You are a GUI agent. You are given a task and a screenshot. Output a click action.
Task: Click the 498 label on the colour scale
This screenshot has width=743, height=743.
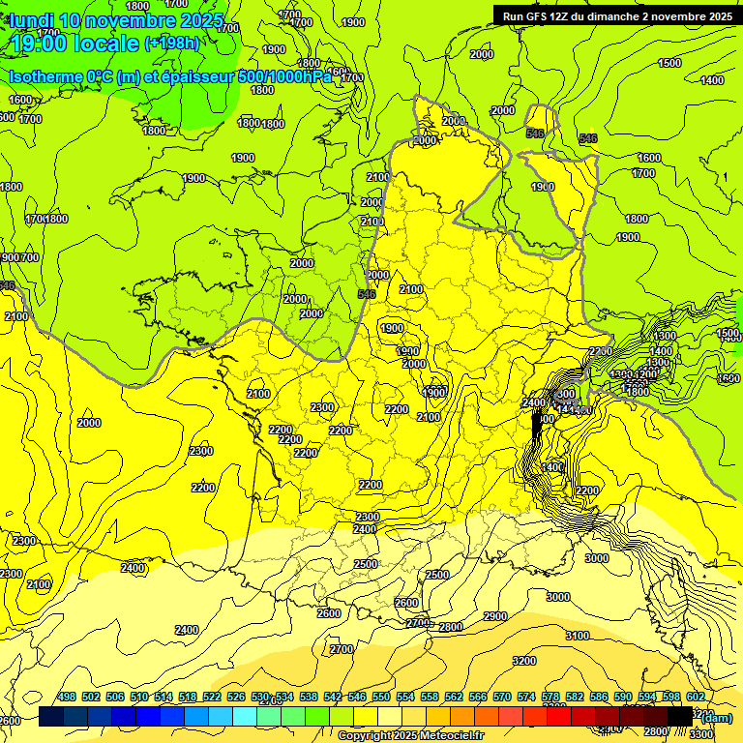click(67, 697)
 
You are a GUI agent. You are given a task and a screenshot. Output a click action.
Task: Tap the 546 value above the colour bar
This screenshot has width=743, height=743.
click(357, 697)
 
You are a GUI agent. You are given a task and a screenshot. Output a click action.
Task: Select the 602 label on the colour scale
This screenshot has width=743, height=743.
click(695, 697)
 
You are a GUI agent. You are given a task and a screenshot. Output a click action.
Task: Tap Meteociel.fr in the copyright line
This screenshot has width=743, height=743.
click(454, 736)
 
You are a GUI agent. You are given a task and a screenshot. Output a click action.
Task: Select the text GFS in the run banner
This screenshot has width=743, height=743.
click(539, 16)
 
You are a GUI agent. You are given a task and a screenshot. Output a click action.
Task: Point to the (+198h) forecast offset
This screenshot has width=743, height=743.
click(171, 43)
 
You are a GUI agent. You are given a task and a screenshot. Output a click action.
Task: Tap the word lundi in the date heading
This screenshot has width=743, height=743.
click(31, 20)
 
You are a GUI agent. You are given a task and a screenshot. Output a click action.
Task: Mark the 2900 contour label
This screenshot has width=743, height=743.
click(494, 616)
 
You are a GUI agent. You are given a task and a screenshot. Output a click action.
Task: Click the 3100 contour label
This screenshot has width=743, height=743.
click(577, 636)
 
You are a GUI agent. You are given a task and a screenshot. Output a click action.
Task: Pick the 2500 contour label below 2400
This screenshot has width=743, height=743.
click(365, 564)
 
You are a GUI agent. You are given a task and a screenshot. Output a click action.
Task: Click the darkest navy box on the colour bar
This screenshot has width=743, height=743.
click(51, 716)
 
